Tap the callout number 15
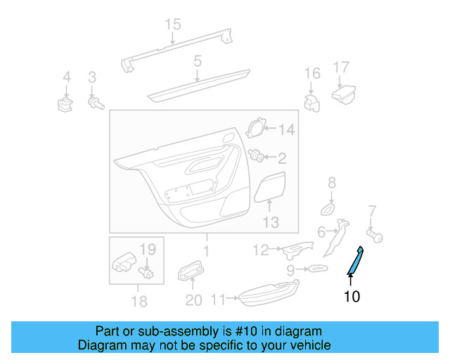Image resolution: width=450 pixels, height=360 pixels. pos(173,25)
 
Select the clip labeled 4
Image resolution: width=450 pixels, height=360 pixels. pos(65,105)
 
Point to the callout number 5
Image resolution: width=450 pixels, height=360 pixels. pos(198,61)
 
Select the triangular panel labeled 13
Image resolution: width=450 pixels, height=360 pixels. pos(271,188)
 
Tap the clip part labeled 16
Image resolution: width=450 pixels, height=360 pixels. pos(311,101)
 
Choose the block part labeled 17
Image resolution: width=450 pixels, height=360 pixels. pos(345,94)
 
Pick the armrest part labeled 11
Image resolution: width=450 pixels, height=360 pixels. pos(268,295)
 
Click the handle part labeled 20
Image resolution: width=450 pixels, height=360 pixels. pos(191,271)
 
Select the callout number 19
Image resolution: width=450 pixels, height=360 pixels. pos(147,249)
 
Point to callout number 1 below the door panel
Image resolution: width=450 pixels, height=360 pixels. pos(206,251)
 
